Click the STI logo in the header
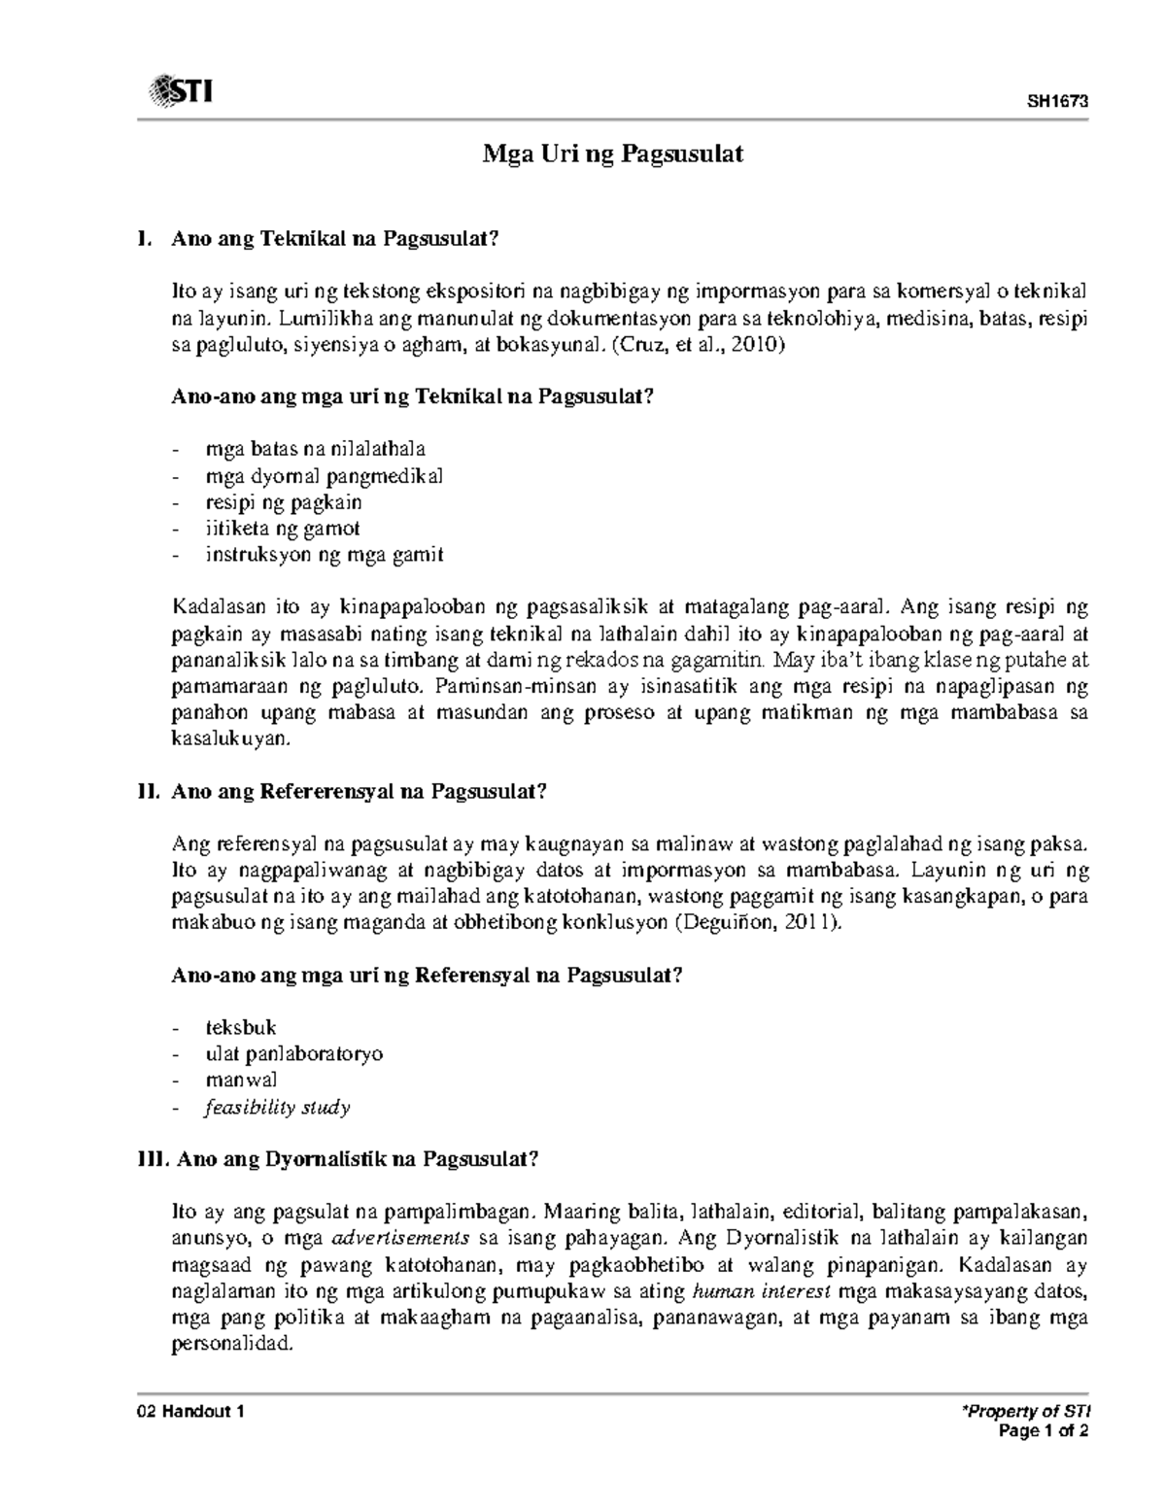[x=181, y=92]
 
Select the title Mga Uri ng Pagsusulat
[x=614, y=154]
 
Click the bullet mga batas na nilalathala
[x=316, y=449]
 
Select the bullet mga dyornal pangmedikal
[x=324, y=476]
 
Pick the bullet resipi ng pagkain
[x=284, y=502]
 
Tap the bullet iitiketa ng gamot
[x=283, y=529]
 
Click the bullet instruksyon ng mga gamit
[x=325, y=555]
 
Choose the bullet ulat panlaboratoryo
[x=293, y=1053]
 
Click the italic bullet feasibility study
[x=277, y=1107]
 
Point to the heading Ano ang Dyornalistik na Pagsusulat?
[x=354, y=1159]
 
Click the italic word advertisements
[x=401, y=1239]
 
